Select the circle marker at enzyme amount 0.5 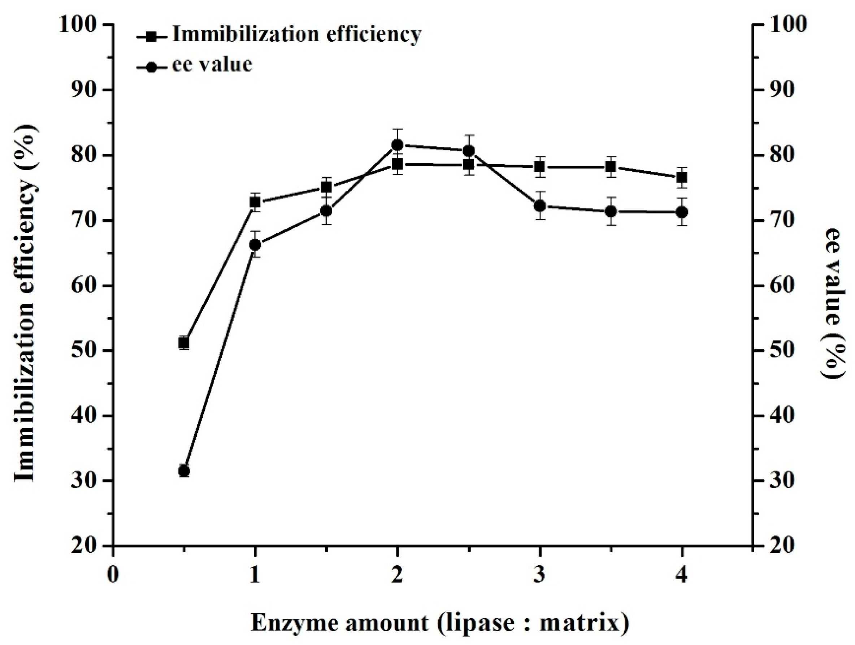184,471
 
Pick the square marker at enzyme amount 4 682,177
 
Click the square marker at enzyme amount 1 255,202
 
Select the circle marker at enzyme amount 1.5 327,211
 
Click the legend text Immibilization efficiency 296,34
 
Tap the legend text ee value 212,64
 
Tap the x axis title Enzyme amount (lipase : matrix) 440,623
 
